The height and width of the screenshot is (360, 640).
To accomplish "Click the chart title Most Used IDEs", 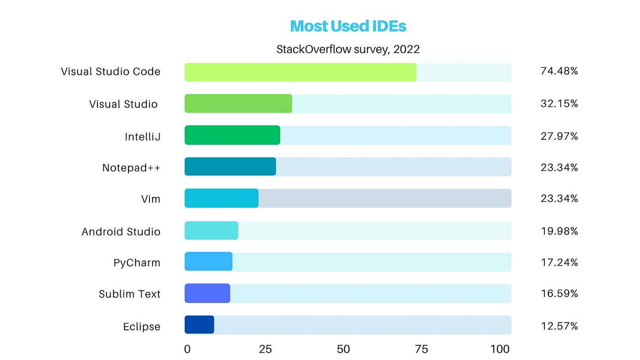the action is [348, 26].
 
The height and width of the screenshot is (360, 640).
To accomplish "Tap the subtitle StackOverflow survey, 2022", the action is [348, 49].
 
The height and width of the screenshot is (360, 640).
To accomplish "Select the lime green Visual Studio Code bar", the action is [301, 72].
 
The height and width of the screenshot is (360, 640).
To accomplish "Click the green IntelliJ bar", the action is [232, 135].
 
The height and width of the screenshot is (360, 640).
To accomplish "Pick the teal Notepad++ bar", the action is [230, 166].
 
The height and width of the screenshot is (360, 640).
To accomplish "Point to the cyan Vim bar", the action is [221, 198].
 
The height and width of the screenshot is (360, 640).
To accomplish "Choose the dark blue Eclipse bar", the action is [199, 325].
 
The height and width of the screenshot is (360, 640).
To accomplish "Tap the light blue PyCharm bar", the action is [208, 261].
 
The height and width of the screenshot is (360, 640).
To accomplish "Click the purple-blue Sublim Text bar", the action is [208, 293].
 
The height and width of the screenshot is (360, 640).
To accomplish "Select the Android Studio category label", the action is [121, 232].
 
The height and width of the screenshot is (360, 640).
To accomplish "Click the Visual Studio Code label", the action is [111, 71].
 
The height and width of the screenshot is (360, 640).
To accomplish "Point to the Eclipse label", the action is [142, 326].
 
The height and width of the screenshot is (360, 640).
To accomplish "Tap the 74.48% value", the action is [559, 71].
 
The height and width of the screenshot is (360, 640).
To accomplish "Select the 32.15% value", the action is [559, 103].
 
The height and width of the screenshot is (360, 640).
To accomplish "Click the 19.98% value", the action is [560, 231].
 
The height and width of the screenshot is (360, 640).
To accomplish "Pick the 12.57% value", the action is [560, 326].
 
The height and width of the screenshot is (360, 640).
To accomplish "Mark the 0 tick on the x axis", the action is [187, 349].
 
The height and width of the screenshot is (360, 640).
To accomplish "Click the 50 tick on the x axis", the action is [343, 349].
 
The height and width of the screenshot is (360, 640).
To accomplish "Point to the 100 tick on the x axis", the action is [500, 349].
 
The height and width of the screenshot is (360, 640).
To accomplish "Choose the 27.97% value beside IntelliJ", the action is [559, 136].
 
